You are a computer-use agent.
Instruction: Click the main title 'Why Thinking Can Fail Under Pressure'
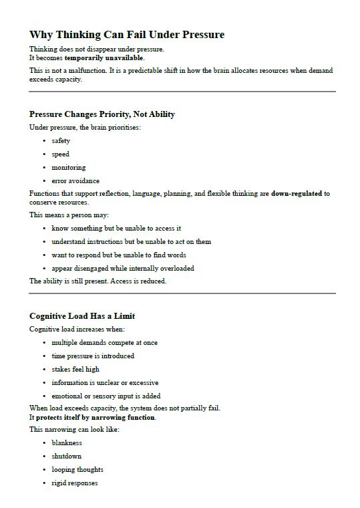[127, 35]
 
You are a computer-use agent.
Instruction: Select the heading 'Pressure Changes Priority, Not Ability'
[102, 114]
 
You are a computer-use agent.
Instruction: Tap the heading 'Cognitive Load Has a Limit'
[82, 316]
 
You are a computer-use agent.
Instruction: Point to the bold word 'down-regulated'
[297, 194]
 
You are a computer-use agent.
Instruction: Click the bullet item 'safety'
[61, 141]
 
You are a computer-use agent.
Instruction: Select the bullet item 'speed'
[60, 154]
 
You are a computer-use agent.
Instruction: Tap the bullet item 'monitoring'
[69, 168]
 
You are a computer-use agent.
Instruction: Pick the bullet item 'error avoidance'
[75, 181]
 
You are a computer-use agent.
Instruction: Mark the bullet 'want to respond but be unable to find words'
[119, 255]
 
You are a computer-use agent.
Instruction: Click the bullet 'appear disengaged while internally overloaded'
[123, 269]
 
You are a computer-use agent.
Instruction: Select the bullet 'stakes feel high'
[75, 370]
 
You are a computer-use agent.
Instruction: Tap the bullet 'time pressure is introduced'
[93, 356]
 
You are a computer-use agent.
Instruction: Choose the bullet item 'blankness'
[67, 443]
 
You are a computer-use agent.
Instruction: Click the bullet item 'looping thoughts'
[77, 470]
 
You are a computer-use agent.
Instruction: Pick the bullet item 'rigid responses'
[75, 483]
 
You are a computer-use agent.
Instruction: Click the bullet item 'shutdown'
[67, 457]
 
